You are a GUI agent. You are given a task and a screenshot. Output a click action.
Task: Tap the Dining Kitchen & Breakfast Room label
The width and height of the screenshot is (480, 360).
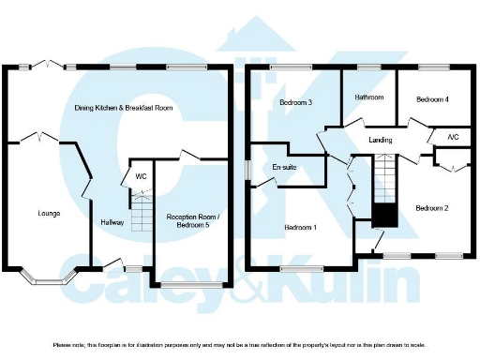pyautogui.click(x=124, y=108)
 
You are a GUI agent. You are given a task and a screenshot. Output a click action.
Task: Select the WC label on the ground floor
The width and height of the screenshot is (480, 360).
pyautogui.click(x=141, y=176)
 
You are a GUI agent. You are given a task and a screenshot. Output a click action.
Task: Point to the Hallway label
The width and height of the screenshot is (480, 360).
pyautogui.click(x=112, y=223)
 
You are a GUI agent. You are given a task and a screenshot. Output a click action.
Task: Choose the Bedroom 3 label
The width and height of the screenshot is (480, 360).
pyautogui.click(x=295, y=102)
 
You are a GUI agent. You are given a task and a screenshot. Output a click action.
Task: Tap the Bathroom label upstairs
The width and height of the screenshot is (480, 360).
pyautogui.click(x=368, y=97)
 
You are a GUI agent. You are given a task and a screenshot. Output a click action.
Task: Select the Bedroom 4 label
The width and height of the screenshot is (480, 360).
pyautogui.click(x=432, y=98)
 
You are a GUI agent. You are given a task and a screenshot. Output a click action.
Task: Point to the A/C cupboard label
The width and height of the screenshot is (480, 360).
pyautogui.click(x=453, y=138)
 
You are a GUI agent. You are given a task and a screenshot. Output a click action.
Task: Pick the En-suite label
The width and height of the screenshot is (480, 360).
pyautogui.click(x=284, y=168)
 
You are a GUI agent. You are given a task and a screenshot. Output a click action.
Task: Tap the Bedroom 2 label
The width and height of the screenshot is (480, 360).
pyautogui.click(x=432, y=207)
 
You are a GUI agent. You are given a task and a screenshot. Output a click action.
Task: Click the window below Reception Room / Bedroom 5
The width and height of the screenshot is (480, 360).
pyautogui.click(x=191, y=283)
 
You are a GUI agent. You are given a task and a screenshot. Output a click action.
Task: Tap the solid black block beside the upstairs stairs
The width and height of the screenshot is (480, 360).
pyautogui.click(x=382, y=215)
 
